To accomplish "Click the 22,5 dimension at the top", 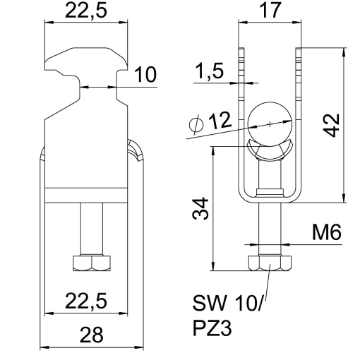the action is pyautogui.click(x=86, y=11).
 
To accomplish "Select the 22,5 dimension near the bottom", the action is pyautogui.click(x=86, y=301).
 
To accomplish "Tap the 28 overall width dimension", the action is pyautogui.click(x=91, y=335).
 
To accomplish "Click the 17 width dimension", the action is pyautogui.click(x=270, y=10).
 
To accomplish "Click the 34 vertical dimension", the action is pyautogui.click(x=200, y=209).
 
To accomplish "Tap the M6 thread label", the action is pyautogui.click(x=327, y=232).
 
